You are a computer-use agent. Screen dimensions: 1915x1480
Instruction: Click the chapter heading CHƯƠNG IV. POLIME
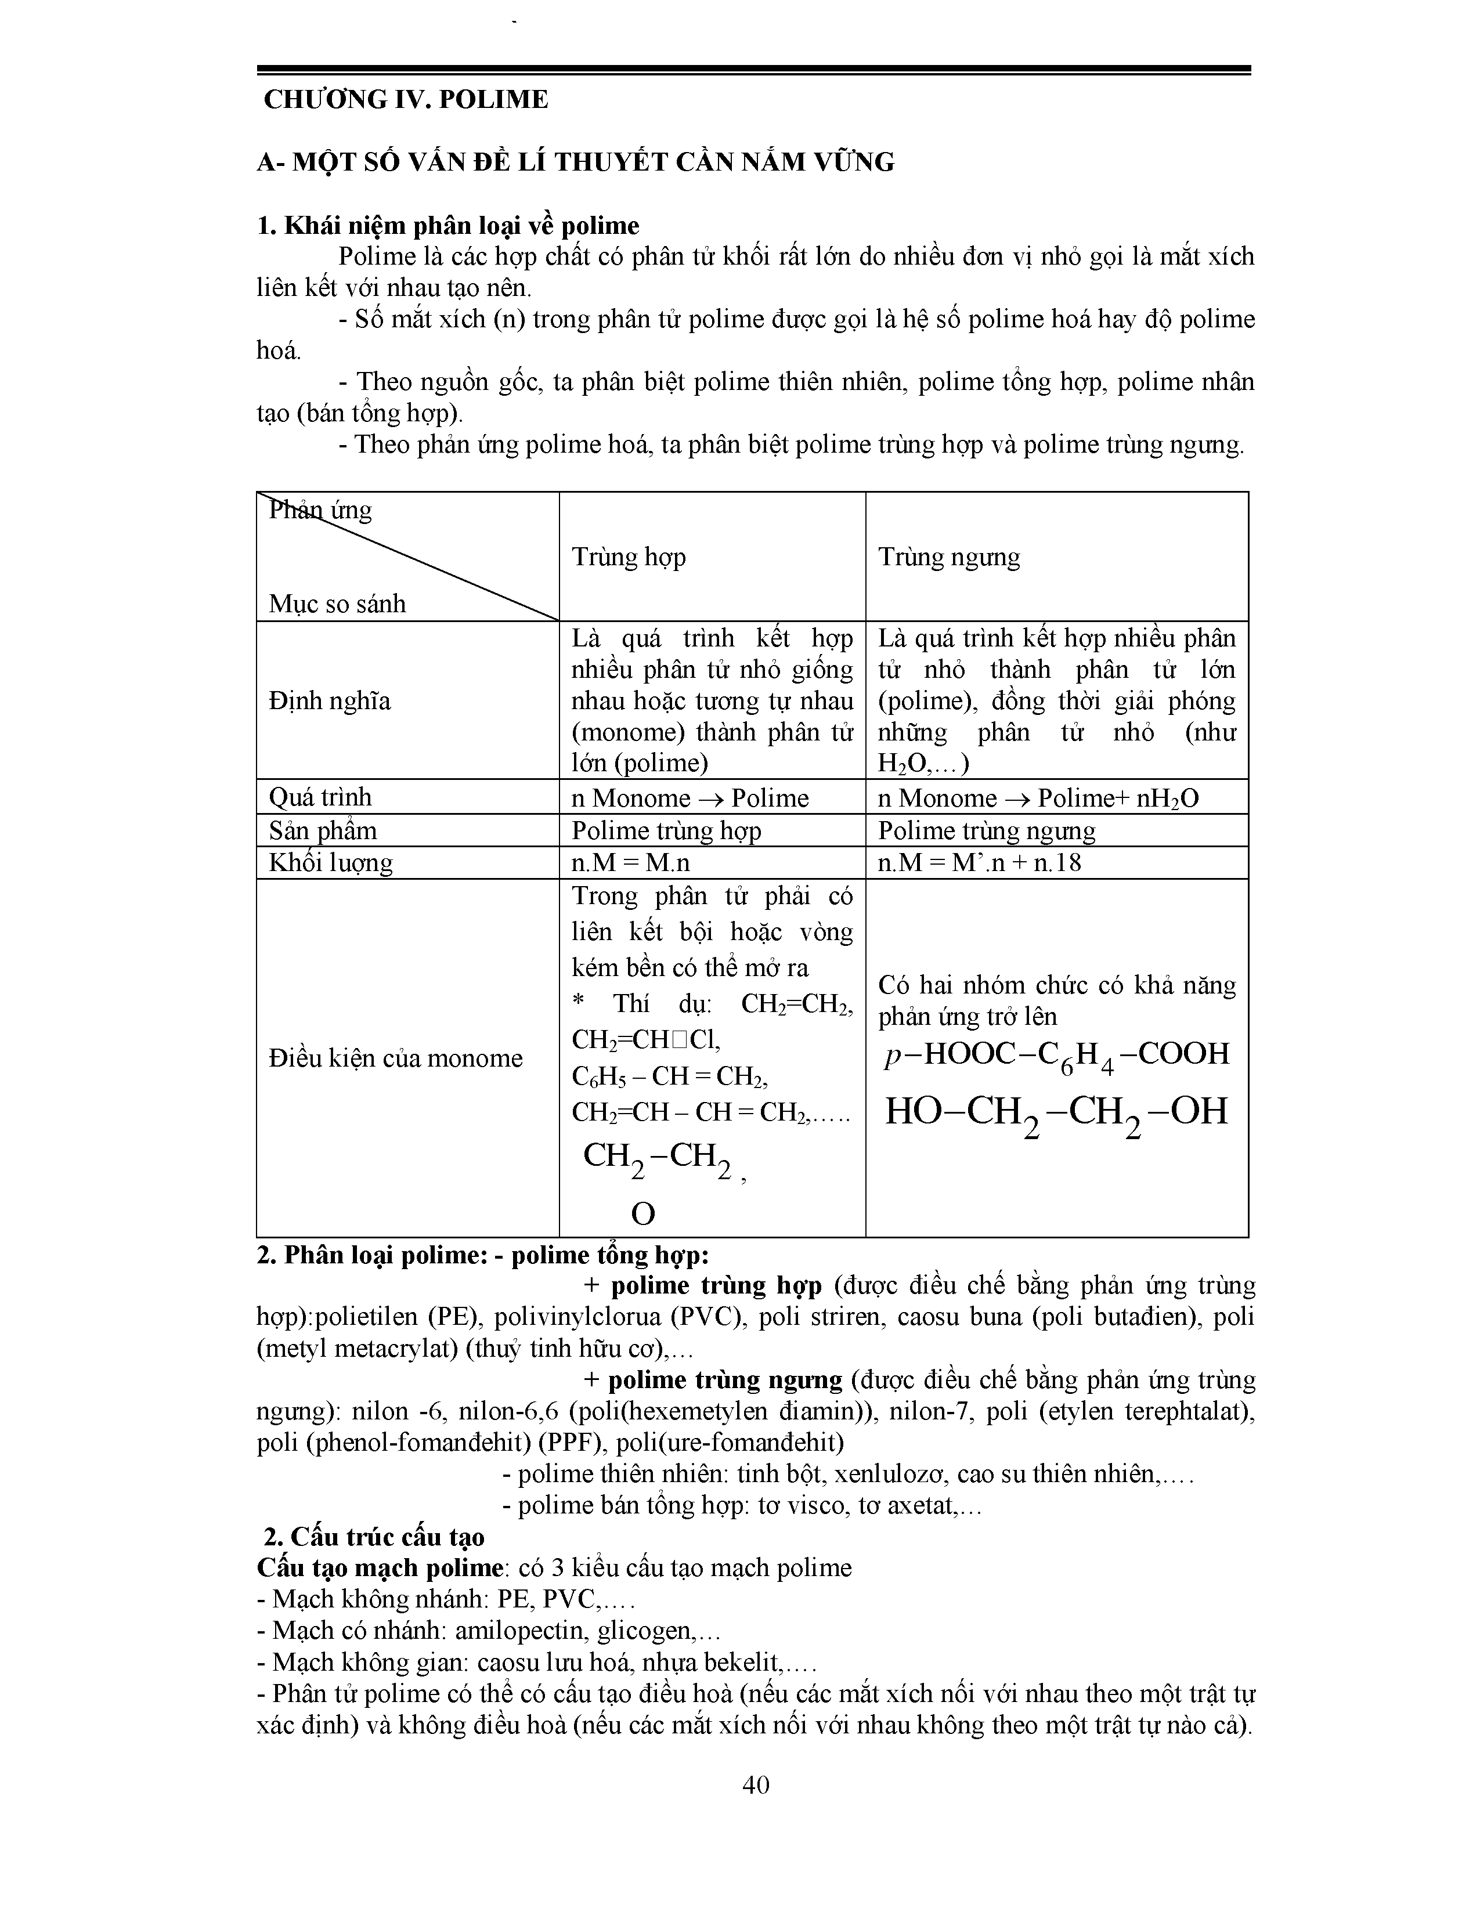[x=406, y=100]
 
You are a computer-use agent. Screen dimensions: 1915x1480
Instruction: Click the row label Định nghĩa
[x=330, y=700]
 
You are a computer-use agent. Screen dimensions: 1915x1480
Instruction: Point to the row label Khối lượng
[x=331, y=863]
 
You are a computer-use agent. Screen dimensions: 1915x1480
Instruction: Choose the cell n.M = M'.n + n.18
[x=979, y=863]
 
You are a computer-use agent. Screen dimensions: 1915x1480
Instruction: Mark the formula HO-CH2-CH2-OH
[x=1056, y=1112]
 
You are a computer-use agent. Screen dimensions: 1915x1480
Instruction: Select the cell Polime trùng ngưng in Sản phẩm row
[x=986, y=830]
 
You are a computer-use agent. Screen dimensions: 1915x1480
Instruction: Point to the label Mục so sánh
[x=338, y=604]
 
